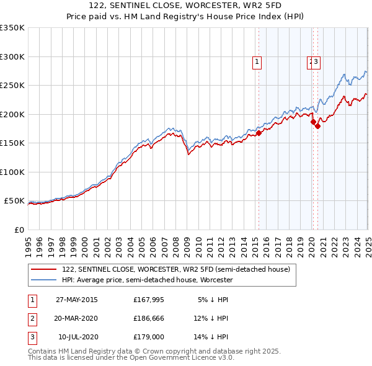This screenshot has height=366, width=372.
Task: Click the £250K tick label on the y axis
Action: click(12, 86)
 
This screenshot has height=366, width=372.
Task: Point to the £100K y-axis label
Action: click(12, 172)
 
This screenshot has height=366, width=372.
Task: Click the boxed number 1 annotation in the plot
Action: click(256, 61)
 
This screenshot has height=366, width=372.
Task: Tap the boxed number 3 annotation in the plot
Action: click(316, 61)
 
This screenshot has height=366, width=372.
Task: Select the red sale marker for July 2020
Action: click(317, 126)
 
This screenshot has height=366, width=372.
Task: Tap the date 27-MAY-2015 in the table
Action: click(76, 300)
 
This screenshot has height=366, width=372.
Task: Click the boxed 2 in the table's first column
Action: click(30, 319)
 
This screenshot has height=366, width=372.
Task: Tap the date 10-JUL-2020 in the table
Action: click(76, 338)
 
